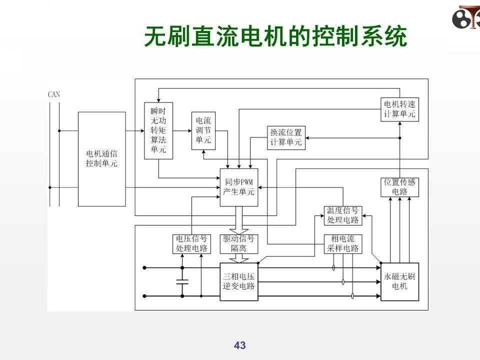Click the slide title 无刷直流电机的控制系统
[x=275, y=37]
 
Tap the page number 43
[x=240, y=345]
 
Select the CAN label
[x=54, y=94]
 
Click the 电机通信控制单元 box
[x=101, y=158]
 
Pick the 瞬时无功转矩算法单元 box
[x=158, y=130]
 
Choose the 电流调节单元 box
[x=203, y=130]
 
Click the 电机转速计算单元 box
[x=399, y=109]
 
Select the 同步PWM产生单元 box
[x=239, y=187]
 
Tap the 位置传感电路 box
[x=399, y=187]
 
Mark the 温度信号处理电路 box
[x=343, y=215]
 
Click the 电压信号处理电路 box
[x=191, y=244]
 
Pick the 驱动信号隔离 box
[x=238, y=244]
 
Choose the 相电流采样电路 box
[x=343, y=244]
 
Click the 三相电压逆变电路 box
[x=238, y=281]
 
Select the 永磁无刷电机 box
[x=399, y=281]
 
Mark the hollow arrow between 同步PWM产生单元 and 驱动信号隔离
[x=238, y=220]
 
